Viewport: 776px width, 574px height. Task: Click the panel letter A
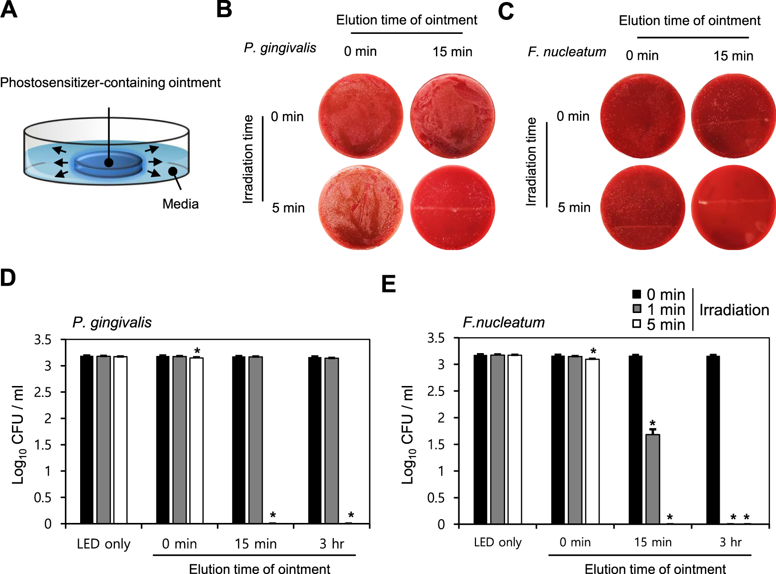(x=9, y=10)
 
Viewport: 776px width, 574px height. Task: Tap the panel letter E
(x=389, y=284)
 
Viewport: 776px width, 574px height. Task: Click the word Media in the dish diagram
(x=180, y=204)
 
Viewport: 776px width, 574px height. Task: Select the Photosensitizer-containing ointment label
(x=110, y=83)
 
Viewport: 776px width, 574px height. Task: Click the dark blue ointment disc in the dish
(x=108, y=163)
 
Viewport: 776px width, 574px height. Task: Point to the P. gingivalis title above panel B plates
(x=280, y=48)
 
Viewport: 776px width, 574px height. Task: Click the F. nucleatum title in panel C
(x=567, y=52)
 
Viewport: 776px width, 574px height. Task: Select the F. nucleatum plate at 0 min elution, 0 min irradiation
(x=642, y=116)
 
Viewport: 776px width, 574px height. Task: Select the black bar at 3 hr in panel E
(x=713, y=439)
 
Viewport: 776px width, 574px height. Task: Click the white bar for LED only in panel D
(x=120, y=439)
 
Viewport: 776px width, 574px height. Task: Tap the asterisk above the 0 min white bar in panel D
(x=197, y=351)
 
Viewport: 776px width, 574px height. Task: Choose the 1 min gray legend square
(x=637, y=309)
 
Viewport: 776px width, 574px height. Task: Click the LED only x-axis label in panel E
(x=497, y=542)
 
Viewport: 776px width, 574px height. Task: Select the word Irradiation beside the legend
(x=734, y=310)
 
